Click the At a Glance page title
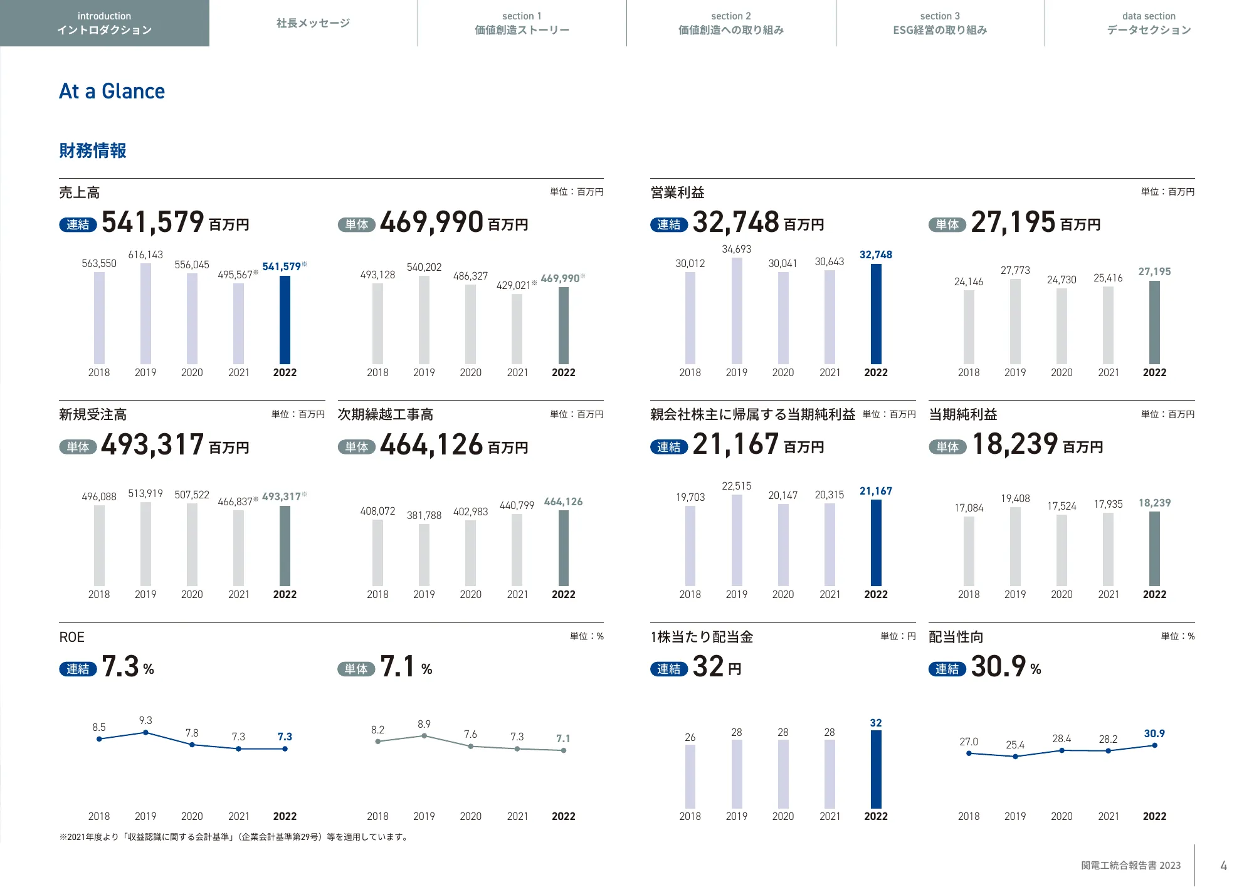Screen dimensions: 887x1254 [112, 92]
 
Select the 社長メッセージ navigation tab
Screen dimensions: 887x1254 [313, 23]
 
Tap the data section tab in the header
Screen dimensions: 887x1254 [1149, 23]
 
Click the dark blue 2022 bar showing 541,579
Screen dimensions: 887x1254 [285, 320]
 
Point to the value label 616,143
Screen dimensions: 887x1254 [145, 255]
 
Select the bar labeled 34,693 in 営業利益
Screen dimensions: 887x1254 [737, 310]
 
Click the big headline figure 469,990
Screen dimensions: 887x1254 [431, 223]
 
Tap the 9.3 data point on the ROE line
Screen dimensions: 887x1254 [145, 732]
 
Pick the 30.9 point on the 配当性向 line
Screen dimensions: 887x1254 [1154, 745]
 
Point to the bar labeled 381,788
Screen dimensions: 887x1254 [424, 555]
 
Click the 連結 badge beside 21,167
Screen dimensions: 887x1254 [669, 447]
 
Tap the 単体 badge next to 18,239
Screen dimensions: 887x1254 [947, 447]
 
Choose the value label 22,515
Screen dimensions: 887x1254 [737, 486]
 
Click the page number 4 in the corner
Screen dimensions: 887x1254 [1223, 866]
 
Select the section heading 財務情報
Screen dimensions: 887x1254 [93, 150]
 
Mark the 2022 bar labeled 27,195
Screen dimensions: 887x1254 [1154, 322]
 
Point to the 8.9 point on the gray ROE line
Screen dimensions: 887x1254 [424, 736]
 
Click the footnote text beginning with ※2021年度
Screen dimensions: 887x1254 [234, 837]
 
